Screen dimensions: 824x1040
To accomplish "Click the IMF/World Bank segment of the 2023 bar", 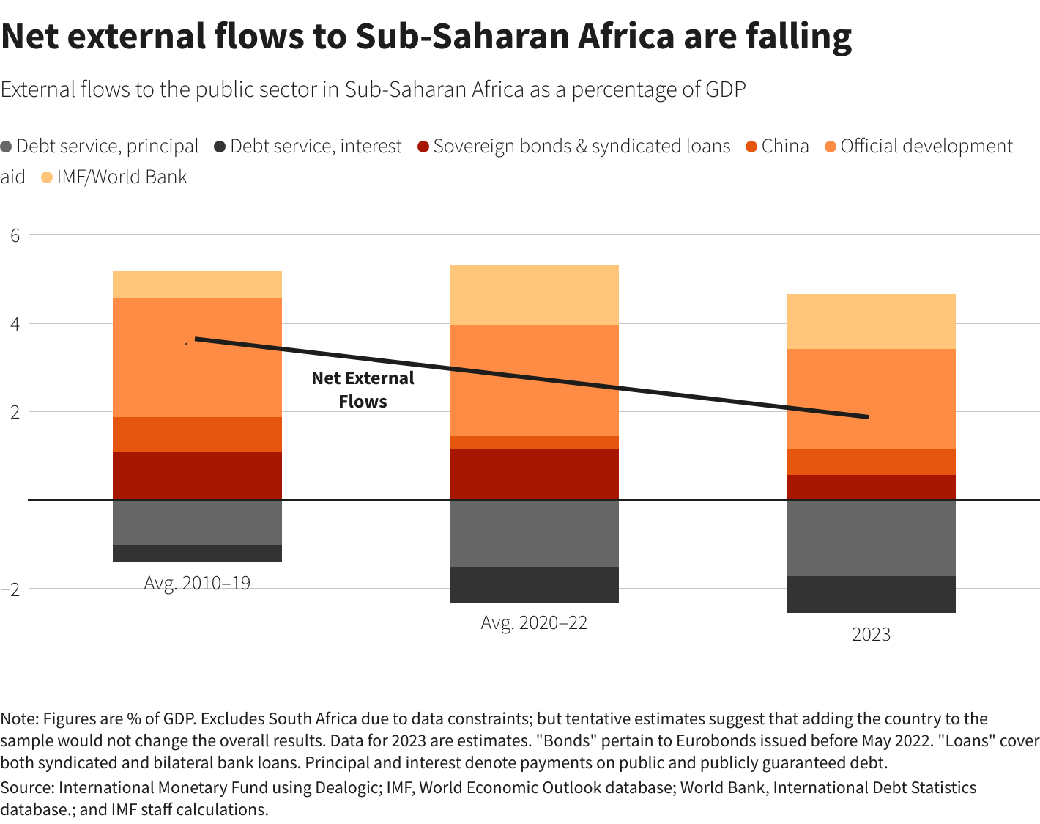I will click(871, 321).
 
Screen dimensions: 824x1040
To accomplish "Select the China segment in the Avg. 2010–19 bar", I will click(197, 434).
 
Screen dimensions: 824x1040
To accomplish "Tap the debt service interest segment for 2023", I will click(871, 594).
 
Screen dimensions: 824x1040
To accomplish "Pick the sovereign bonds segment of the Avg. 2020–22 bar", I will click(534, 474).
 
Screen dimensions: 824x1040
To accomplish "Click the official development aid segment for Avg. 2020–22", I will click(534, 380).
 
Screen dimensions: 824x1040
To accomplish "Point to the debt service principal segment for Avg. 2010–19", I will click(197, 522).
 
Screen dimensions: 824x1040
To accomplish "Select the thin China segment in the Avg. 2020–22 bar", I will click(534, 442).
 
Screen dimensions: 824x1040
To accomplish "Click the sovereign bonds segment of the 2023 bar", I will click(871, 487).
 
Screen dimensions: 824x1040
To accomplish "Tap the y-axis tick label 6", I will click(15, 235).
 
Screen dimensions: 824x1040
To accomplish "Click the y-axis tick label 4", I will click(15, 323).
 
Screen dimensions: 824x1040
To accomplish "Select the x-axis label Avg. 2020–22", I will click(534, 623).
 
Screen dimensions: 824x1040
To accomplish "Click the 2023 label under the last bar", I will click(871, 635).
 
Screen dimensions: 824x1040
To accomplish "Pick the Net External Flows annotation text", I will click(363, 390).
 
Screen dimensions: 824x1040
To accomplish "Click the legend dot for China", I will click(751, 147).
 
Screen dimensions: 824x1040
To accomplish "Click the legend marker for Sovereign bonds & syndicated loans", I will click(423, 147).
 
